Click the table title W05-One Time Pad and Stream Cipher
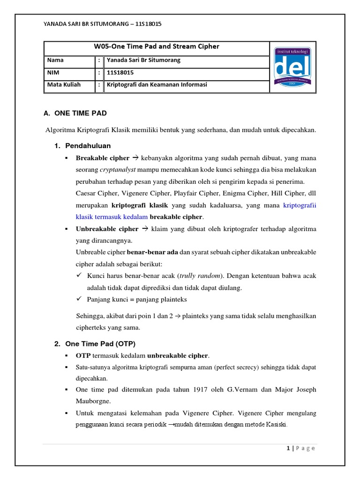(x=157, y=47)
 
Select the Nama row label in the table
(x=55, y=60)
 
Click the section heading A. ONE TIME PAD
(x=75, y=113)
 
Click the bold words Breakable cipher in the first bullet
(x=102, y=158)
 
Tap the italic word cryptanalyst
(x=120, y=170)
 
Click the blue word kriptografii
(x=300, y=205)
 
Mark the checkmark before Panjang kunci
(x=79, y=299)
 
